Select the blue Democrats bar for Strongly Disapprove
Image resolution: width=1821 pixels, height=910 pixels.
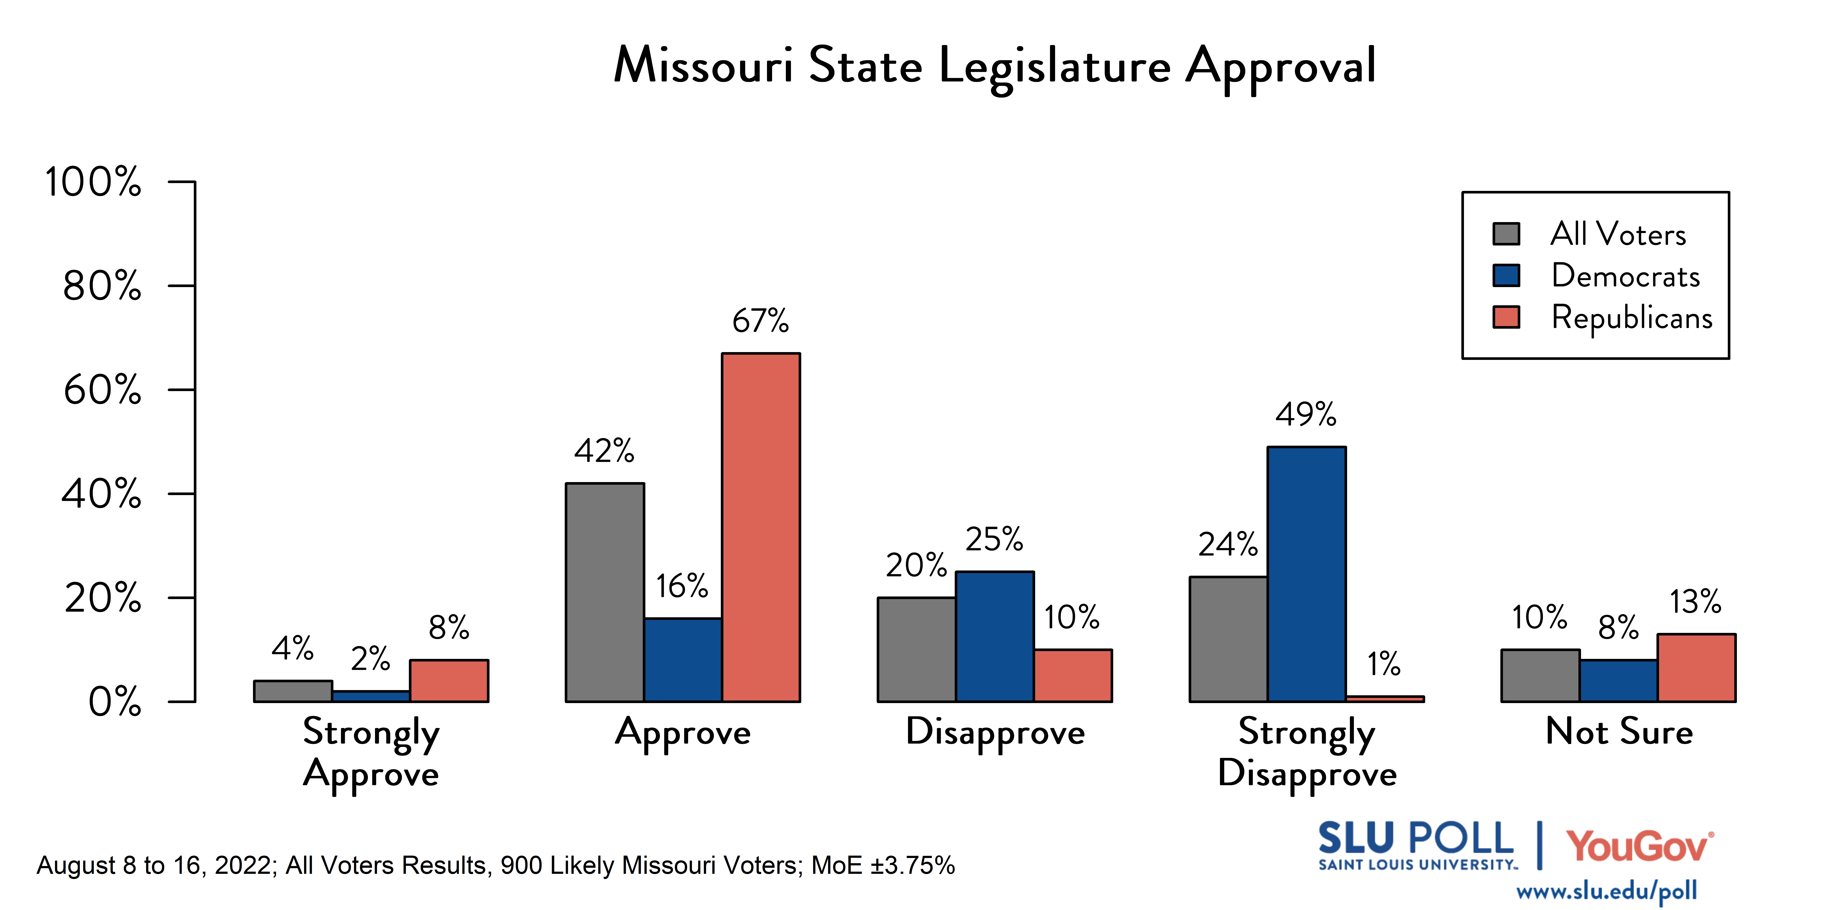click(1306, 574)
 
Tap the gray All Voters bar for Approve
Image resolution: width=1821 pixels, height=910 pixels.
click(604, 592)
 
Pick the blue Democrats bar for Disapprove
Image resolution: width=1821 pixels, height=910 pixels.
click(995, 636)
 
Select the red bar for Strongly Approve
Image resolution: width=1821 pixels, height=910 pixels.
click(449, 680)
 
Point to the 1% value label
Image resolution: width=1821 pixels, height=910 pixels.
click(1384, 664)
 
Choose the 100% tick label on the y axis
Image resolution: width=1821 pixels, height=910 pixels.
click(93, 182)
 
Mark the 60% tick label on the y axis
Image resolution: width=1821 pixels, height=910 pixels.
click(103, 390)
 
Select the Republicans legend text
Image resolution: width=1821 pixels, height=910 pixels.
click(1632, 317)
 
